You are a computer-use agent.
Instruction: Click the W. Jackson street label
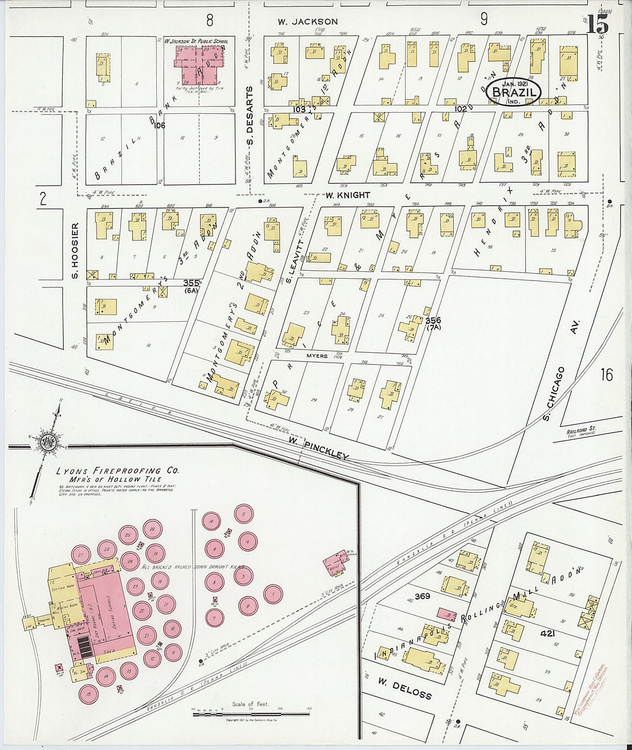pyautogui.click(x=307, y=22)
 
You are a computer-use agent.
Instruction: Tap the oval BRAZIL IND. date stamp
pyautogui.click(x=513, y=92)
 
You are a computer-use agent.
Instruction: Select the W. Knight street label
pyautogui.click(x=347, y=195)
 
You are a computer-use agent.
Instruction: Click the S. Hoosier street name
pyautogui.click(x=75, y=251)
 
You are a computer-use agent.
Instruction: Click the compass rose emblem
pyautogui.click(x=47, y=441)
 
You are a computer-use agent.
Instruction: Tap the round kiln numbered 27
pyautogui.click(x=81, y=555)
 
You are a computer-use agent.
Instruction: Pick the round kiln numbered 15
pyautogui.click(x=88, y=694)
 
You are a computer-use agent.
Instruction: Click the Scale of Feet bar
pyautogui.click(x=251, y=714)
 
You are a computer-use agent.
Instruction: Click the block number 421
pyautogui.click(x=547, y=633)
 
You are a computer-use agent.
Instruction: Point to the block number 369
pyautogui.click(x=422, y=596)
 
